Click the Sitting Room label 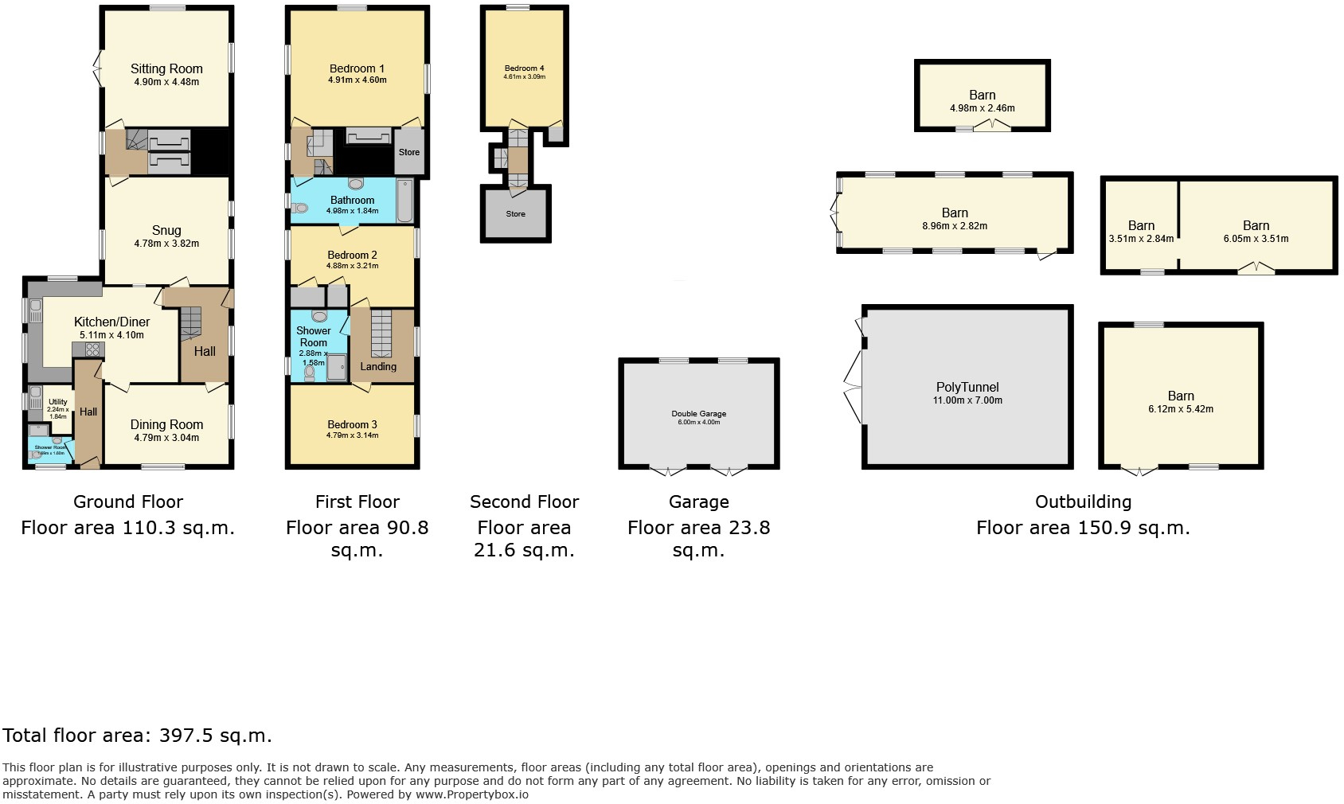pos(166,69)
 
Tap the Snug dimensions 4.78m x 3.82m pos(166,244)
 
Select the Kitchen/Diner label pos(111,322)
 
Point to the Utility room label pos(57,403)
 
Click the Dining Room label pos(166,424)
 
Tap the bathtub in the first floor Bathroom pos(404,201)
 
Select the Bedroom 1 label pos(357,69)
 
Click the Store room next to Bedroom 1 pos(408,152)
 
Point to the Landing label pos(377,367)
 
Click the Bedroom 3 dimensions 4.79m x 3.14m pos(352,435)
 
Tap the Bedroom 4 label pos(524,68)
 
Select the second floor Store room pos(515,214)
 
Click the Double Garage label pos(698,414)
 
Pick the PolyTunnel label pos(967,388)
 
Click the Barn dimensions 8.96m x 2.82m pos(954,226)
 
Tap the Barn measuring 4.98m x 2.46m pos(982,101)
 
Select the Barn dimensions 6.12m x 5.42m pos(1180,409)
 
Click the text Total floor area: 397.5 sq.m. pos(137,736)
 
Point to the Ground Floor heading pos(128,502)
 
